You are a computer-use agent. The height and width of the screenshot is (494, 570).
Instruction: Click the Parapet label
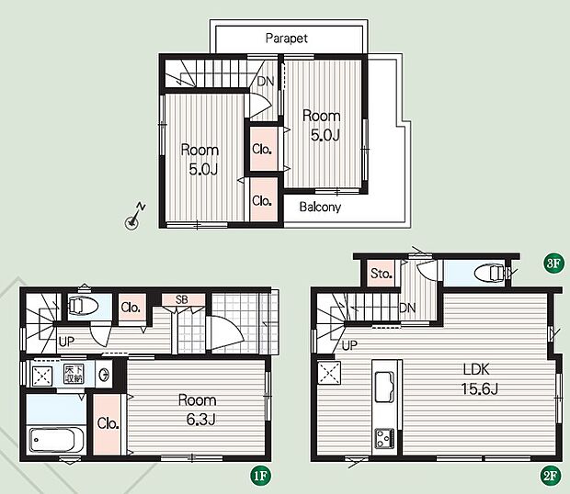click(287, 39)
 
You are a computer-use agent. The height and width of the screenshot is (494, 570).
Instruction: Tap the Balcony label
click(320, 207)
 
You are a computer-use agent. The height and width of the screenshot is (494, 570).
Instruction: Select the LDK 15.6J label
click(479, 379)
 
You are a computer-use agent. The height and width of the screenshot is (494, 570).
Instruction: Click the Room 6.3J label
click(198, 410)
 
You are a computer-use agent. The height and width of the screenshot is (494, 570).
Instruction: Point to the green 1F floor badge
click(260, 475)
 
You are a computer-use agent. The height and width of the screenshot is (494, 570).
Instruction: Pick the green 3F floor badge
click(553, 263)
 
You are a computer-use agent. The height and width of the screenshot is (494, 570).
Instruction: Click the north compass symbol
click(134, 217)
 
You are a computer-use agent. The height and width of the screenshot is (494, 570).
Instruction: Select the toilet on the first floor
click(84, 306)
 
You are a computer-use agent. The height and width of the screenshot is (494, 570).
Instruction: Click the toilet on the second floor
click(490, 273)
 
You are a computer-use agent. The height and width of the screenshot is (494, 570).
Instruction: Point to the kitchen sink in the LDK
click(384, 387)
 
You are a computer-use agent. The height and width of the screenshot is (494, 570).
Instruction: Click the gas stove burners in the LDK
click(384, 439)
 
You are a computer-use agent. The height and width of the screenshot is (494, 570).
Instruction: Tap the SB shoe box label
click(182, 299)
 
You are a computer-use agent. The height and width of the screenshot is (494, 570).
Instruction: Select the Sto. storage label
click(381, 273)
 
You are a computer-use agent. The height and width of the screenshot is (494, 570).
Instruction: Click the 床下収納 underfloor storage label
click(74, 374)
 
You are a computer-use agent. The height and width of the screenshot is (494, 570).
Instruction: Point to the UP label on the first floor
click(66, 342)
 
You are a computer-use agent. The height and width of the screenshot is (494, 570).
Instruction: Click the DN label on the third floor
click(266, 81)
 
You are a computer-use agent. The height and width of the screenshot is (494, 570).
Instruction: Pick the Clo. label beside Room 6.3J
click(108, 423)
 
